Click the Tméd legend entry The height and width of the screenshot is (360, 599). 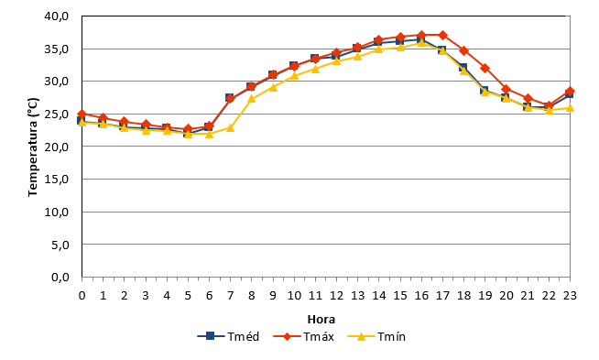coord(228,336)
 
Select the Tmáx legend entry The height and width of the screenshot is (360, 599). coord(304,336)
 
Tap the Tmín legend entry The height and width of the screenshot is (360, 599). coord(376,336)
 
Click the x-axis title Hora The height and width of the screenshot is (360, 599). coord(321,319)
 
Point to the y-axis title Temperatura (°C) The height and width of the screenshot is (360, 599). coord(33,147)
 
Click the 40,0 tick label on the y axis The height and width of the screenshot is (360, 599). coord(57,16)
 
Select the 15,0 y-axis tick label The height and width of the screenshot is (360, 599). coord(57,179)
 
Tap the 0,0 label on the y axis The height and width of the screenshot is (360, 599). coord(60,277)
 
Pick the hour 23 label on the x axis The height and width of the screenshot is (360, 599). coord(570,295)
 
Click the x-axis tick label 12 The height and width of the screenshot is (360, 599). coord(336,295)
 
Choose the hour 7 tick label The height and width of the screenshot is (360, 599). coord(230,295)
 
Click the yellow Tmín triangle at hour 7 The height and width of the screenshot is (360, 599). coord(230,127)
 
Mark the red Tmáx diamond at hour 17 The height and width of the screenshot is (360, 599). coord(442,35)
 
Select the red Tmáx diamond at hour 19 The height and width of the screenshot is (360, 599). coord(485,69)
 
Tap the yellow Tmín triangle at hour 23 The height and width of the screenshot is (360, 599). coord(570,108)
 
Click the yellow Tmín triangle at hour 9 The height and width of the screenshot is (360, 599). coord(273,88)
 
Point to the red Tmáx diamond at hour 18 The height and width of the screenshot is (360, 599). coord(463,50)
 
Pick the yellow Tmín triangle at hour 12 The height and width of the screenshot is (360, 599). coord(336,60)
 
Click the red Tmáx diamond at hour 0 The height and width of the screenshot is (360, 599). coord(82,114)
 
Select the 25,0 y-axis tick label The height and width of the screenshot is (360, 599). coord(57,114)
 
